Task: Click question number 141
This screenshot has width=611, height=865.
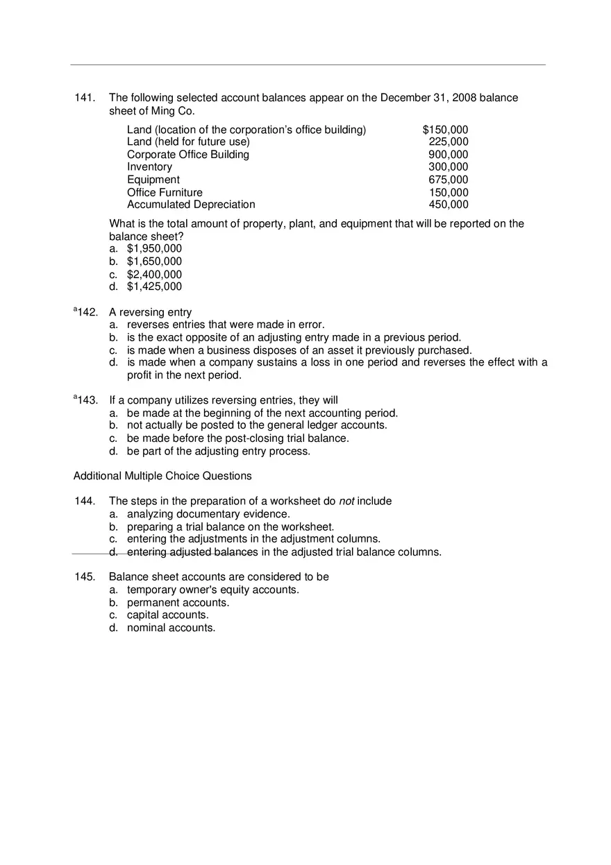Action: click(85, 98)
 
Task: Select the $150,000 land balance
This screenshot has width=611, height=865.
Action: click(445, 130)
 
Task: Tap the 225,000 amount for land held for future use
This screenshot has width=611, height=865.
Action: click(449, 142)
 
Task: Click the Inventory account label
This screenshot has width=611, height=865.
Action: click(149, 167)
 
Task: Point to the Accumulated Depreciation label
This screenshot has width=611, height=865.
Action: click(191, 205)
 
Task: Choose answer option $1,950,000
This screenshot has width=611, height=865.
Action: click(154, 249)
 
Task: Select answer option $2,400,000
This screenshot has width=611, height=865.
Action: click(154, 275)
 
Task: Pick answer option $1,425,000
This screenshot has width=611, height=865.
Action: click(154, 287)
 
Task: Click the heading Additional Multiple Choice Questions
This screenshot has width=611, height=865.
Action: click(162, 476)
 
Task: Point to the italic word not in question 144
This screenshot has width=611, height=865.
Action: click(346, 502)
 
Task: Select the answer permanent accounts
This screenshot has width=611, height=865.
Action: click(178, 603)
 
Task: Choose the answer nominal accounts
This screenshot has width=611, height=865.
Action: click(171, 628)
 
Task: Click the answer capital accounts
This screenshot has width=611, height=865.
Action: click(167, 615)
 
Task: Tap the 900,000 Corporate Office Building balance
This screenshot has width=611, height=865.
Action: click(449, 155)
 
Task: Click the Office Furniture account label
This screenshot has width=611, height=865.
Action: click(165, 192)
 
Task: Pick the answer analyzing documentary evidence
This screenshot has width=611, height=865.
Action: click(208, 514)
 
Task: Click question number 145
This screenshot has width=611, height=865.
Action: click(85, 577)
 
